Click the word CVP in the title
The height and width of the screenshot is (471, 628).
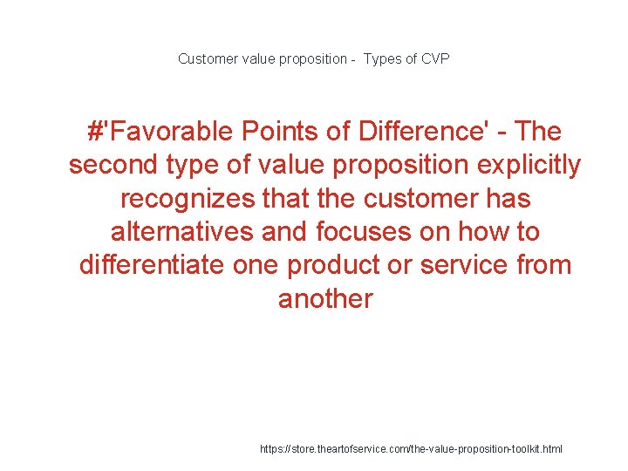pos(434,59)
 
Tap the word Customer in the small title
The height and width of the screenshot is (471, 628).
pos(206,59)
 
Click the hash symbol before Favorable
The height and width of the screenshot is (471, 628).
pos(95,132)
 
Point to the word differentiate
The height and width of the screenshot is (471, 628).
pos(152,265)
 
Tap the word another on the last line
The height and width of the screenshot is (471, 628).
pos(325,299)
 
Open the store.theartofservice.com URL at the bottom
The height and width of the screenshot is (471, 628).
pos(411,448)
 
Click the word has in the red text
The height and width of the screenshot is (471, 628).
pos(507,199)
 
